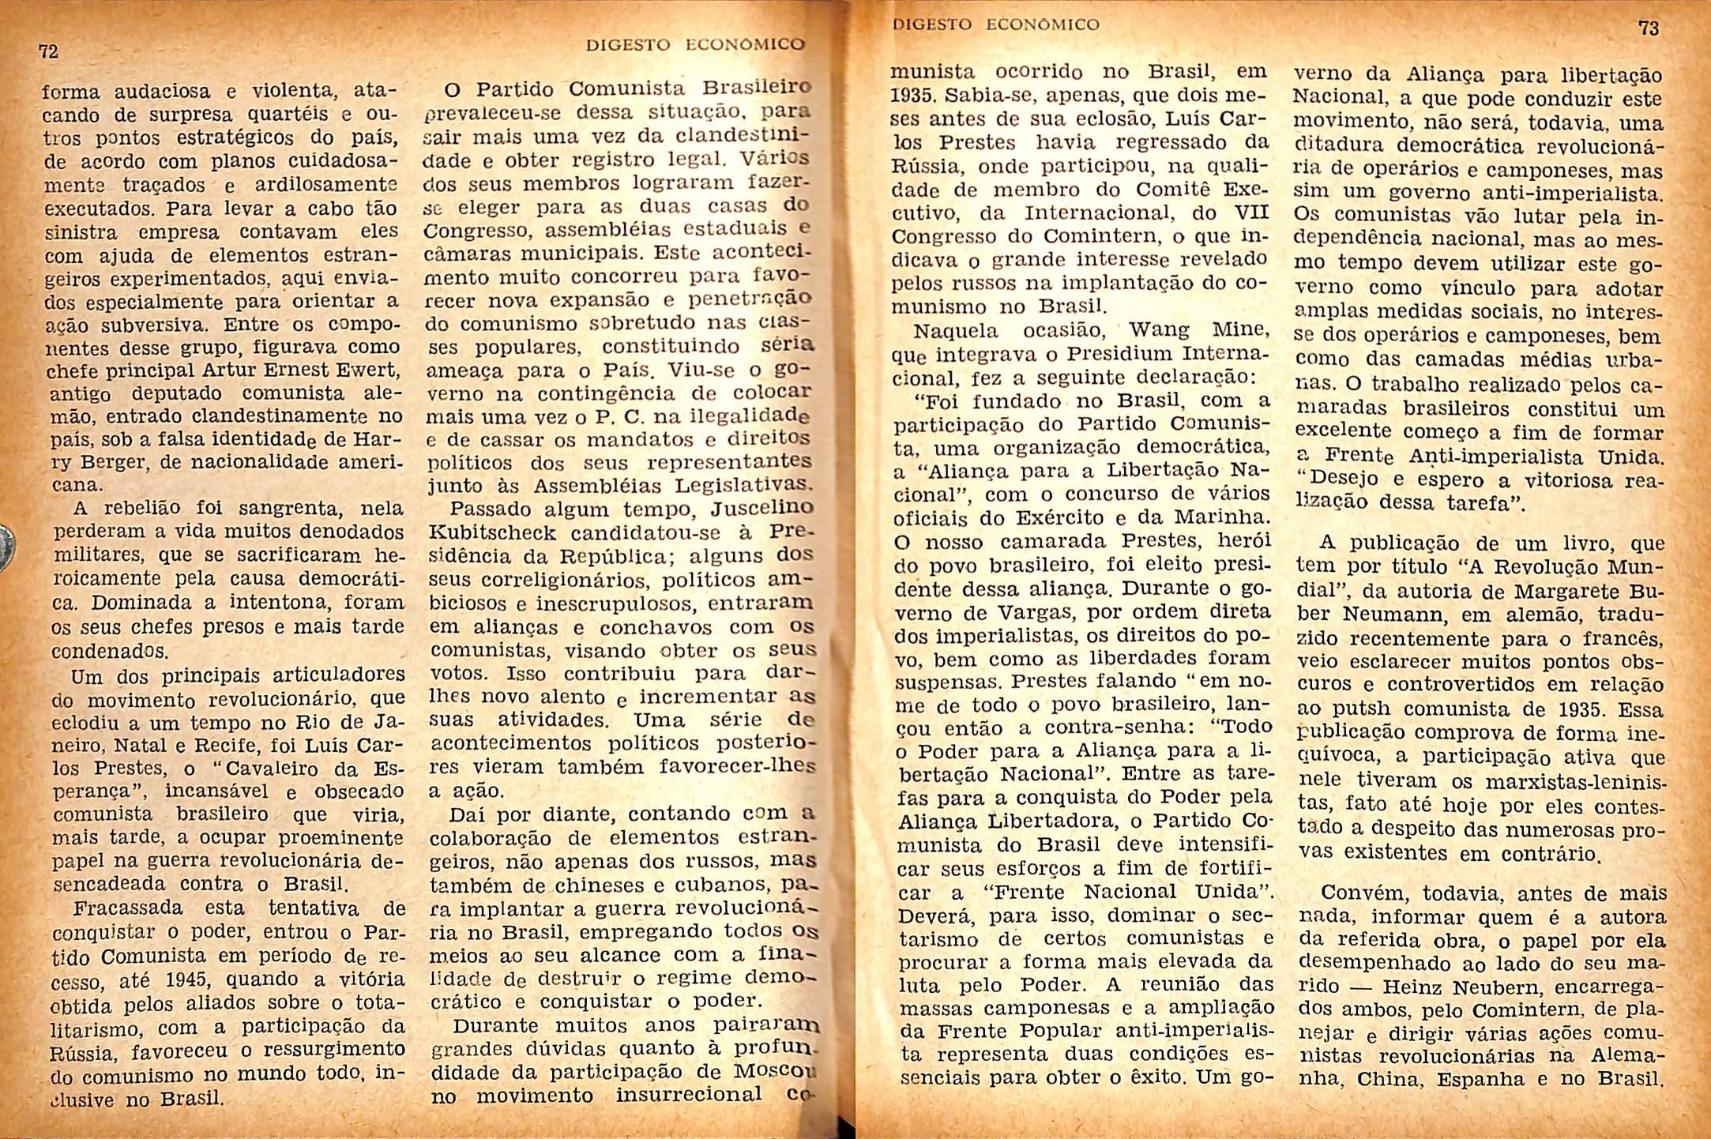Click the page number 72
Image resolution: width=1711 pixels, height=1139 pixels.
(x=49, y=52)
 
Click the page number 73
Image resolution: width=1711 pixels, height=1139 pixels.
(x=1649, y=28)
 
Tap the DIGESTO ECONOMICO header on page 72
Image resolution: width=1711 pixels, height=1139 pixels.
(x=695, y=45)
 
